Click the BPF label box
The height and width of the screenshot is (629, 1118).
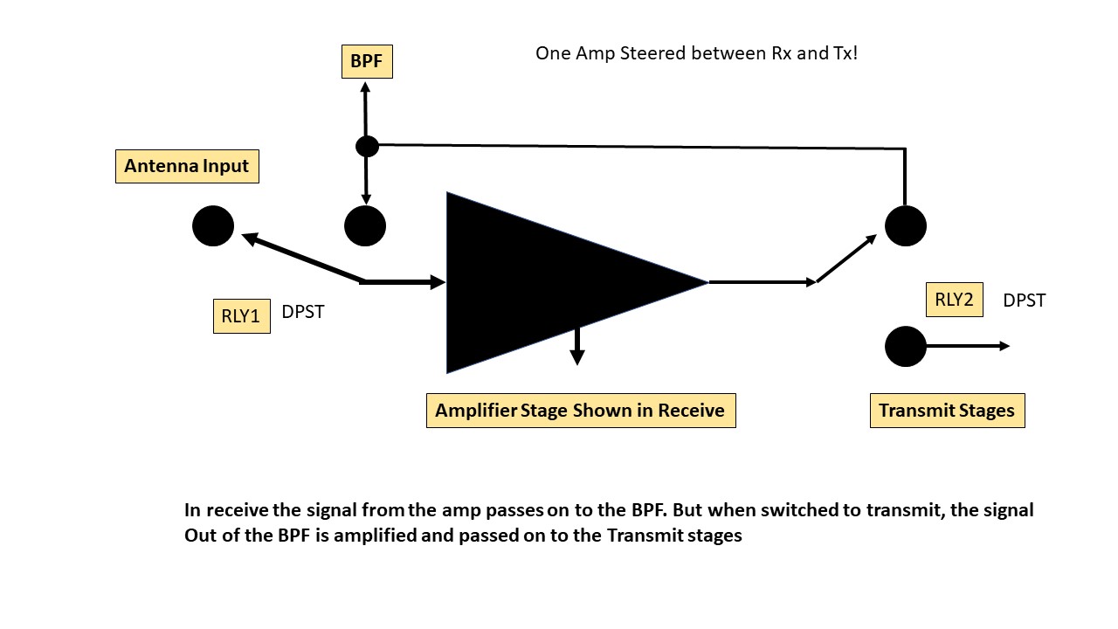click(x=367, y=62)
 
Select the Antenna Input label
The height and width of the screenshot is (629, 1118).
click(x=187, y=166)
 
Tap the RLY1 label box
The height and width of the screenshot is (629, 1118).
click(x=241, y=316)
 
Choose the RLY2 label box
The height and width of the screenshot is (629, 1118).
click(x=954, y=301)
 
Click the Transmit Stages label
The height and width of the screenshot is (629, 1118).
click(x=947, y=411)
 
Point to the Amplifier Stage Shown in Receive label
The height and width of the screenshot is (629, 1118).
click(x=580, y=411)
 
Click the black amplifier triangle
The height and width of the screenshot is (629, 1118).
click(x=542, y=281)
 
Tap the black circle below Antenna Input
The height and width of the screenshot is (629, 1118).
click(x=213, y=226)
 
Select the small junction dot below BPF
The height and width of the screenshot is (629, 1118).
click(x=367, y=146)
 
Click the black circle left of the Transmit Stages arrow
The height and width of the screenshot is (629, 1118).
click(x=906, y=347)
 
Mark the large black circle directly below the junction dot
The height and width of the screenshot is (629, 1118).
click(x=365, y=226)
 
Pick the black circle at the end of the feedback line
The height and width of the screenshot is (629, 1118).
click(x=906, y=226)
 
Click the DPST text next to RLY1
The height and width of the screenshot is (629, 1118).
click(x=303, y=312)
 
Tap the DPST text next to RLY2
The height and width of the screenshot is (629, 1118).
click(x=1024, y=301)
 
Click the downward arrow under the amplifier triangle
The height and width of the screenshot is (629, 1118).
click(x=576, y=349)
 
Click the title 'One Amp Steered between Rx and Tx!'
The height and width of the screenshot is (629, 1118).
click(x=696, y=53)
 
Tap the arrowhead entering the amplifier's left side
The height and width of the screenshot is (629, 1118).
click(x=437, y=281)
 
